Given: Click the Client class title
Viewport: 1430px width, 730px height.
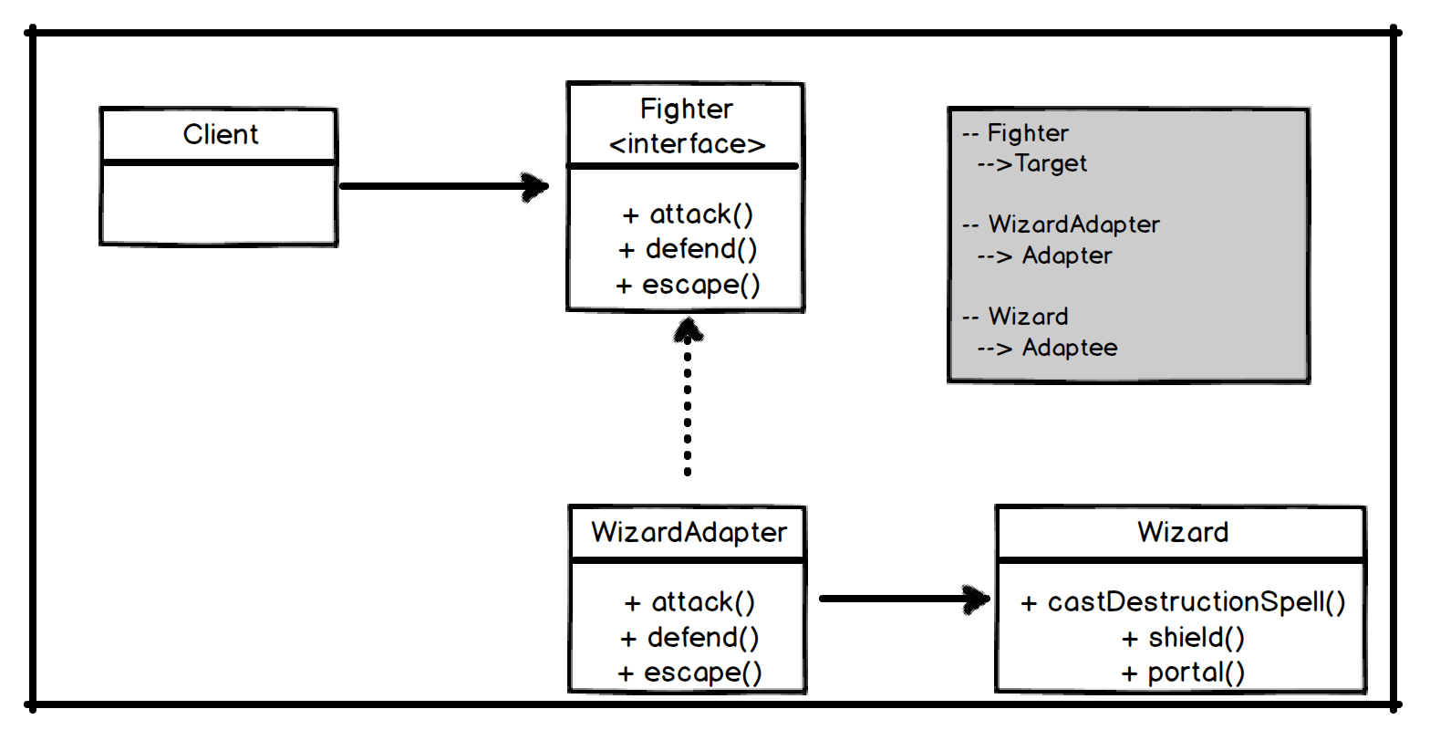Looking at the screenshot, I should click(x=220, y=135).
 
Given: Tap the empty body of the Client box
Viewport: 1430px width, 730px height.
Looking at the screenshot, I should click(x=218, y=204).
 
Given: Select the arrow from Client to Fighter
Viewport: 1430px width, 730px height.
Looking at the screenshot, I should click(x=443, y=186).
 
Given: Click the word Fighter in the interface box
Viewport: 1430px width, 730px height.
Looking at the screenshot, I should click(x=686, y=109).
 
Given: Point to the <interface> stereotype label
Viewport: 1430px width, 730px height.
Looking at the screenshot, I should click(x=687, y=144).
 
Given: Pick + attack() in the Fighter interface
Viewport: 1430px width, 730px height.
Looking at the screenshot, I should click(x=688, y=214).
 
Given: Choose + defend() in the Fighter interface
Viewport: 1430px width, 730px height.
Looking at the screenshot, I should click(x=688, y=249).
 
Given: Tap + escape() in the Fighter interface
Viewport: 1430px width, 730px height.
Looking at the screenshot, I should click(x=688, y=285).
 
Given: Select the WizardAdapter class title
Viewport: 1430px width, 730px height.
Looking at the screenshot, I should click(x=689, y=532).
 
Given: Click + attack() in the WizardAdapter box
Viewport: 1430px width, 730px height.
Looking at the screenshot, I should click(x=689, y=602).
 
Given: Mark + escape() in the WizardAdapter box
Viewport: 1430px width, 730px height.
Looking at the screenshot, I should click(x=689, y=673).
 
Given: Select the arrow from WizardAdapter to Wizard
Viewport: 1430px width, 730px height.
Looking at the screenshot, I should click(x=903, y=600).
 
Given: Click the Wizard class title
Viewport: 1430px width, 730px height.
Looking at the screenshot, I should click(x=1182, y=532).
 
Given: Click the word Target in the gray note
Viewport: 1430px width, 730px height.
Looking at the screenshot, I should click(x=1051, y=164).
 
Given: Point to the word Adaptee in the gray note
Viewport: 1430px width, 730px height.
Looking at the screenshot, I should click(x=1069, y=348).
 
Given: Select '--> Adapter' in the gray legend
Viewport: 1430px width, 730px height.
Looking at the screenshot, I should click(x=1045, y=255).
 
